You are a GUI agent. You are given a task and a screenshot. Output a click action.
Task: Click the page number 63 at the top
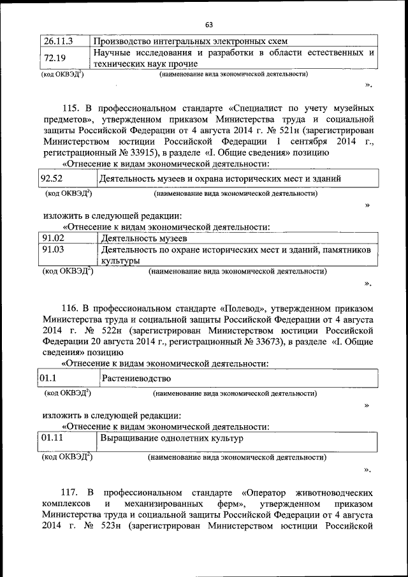[x=208, y=25]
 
